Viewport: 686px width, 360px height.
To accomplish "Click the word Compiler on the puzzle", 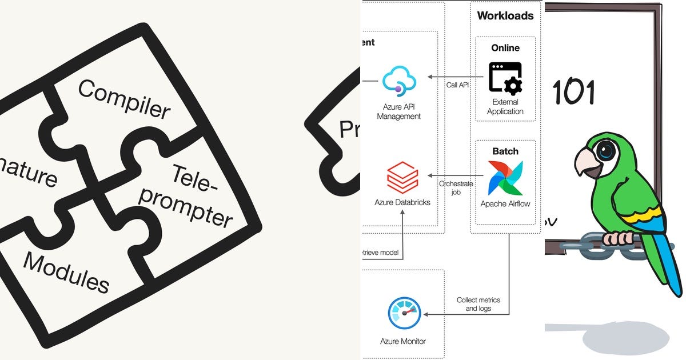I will click(123, 98).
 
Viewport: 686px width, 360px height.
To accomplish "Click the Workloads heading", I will click(505, 15).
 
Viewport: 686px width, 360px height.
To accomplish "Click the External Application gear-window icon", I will click(505, 79).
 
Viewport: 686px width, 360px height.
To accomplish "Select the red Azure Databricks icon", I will click(402, 178).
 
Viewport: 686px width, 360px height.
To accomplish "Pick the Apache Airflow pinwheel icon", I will click(505, 178).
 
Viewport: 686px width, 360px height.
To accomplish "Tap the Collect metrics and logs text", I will click(478, 304).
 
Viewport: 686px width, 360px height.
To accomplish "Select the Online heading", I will click(505, 48).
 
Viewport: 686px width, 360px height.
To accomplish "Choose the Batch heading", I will click(505, 151).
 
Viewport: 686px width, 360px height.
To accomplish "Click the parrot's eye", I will click(605, 150).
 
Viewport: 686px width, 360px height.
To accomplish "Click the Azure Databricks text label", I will click(402, 202).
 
